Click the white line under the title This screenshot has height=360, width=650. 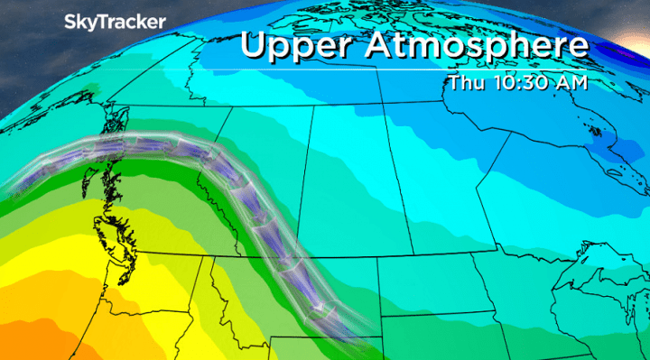[x=415, y=69]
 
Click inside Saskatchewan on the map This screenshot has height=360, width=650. [x=352, y=180]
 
